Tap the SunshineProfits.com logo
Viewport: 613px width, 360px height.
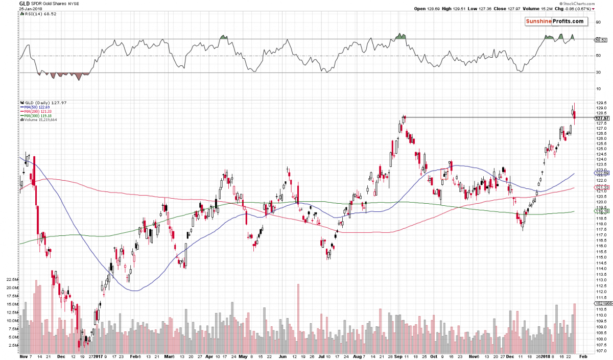554,21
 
